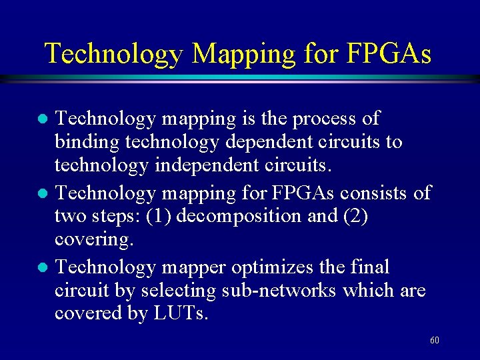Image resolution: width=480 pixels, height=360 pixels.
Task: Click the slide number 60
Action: (x=434, y=340)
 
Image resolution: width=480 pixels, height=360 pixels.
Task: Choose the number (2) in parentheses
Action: (x=353, y=217)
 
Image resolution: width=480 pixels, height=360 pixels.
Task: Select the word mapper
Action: (x=193, y=268)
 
